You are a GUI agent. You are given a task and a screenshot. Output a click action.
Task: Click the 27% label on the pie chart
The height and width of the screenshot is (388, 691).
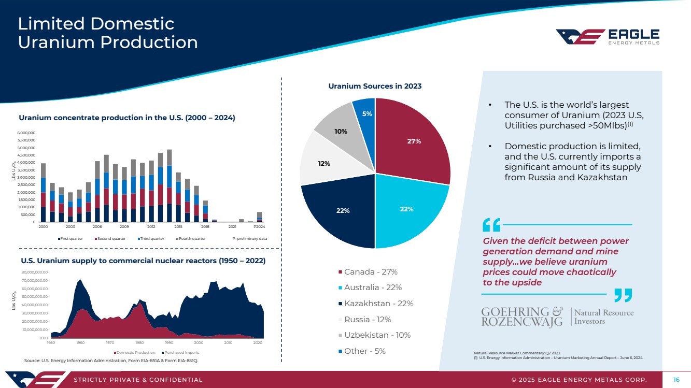[x=414, y=141]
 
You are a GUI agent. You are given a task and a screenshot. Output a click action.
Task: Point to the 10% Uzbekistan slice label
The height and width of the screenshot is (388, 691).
[x=341, y=132]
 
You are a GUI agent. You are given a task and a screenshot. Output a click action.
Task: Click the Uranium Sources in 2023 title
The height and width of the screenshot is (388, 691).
[x=375, y=86]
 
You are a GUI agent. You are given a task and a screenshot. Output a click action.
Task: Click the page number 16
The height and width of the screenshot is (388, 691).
[x=676, y=380]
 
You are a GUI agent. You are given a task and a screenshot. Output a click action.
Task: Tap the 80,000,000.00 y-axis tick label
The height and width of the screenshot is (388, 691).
[x=35, y=272]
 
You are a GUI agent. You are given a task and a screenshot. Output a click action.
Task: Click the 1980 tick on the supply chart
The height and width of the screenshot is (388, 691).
[x=139, y=343]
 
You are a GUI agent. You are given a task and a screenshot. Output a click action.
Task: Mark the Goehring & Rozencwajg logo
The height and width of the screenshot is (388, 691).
[x=558, y=317]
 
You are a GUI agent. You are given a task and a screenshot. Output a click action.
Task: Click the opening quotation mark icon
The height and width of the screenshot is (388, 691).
[x=491, y=225]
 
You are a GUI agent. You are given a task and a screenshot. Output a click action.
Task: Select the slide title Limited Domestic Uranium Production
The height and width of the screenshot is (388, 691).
[x=108, y=33]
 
